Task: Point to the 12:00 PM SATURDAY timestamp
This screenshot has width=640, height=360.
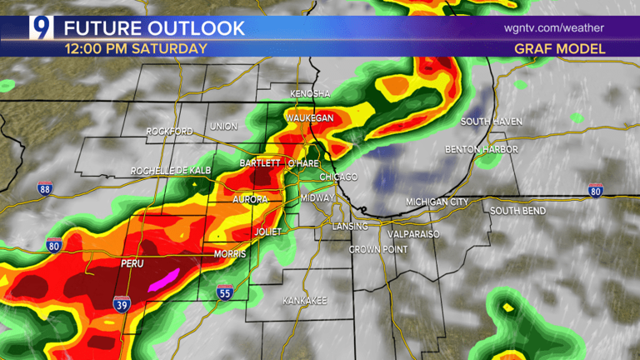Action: tap(136, 49)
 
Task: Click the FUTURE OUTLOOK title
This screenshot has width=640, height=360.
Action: tap(155, 27)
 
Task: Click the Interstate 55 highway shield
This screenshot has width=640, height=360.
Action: tap(223, 292)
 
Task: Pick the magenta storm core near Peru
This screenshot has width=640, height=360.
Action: tap(165, 279)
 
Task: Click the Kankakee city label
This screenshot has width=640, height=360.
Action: tap(304, 299)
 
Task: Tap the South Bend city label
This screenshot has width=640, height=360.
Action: tap(517, 211)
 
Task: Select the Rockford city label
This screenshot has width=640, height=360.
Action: tap(169, 132)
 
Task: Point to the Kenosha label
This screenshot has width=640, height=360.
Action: tap(309, 93)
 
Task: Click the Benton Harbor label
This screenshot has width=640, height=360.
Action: tap(482, 149)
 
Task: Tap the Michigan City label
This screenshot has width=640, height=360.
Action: tap(437, 202)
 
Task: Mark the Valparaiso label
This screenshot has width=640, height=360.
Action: tap(410, 234)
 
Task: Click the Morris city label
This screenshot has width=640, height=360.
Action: tap(229, 253)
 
